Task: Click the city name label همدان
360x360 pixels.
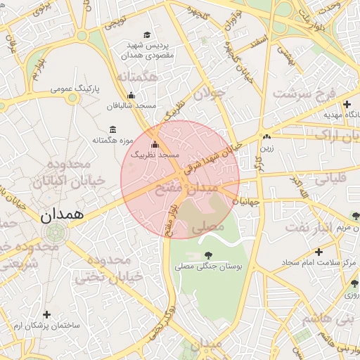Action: [x=62, y=214]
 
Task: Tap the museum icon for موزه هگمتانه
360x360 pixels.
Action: [x=113, y=129]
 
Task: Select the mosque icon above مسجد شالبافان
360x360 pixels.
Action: [x=131, y=96]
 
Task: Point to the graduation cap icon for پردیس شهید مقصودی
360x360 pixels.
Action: [x=147, y=35]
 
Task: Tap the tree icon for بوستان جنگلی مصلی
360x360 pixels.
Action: [x=207, y=255]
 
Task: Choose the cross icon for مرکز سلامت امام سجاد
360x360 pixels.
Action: [x=319, y=251]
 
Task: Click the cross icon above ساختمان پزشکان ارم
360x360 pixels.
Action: [x=47, y=315]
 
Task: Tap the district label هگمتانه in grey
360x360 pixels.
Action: [x=137, y=76]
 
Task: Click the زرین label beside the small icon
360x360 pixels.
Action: [x=268, y=148]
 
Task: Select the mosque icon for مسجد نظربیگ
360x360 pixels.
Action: [x=155, y=144]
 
